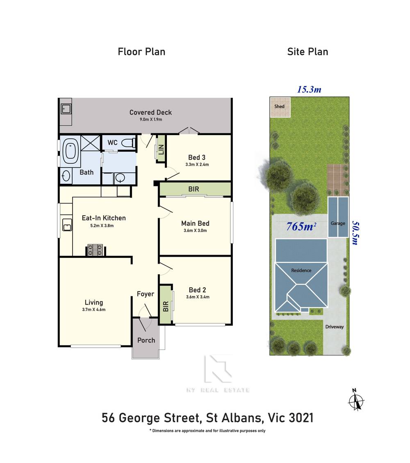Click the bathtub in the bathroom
[x=72, y=150]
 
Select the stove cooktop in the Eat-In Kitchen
[x=95, y=250]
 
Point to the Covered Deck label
[x=150, y=112]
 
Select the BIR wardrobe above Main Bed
[x=195, y=190]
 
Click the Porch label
[x=146, y=340]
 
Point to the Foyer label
[x=146, y=294]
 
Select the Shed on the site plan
[x=280, y=106]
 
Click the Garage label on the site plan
[x=338, y=224]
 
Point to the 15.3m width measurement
[x=309, y=89]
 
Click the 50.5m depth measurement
[x=356, y=233]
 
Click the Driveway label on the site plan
[x=335, y=327]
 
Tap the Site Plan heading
[x=307, y=52]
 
